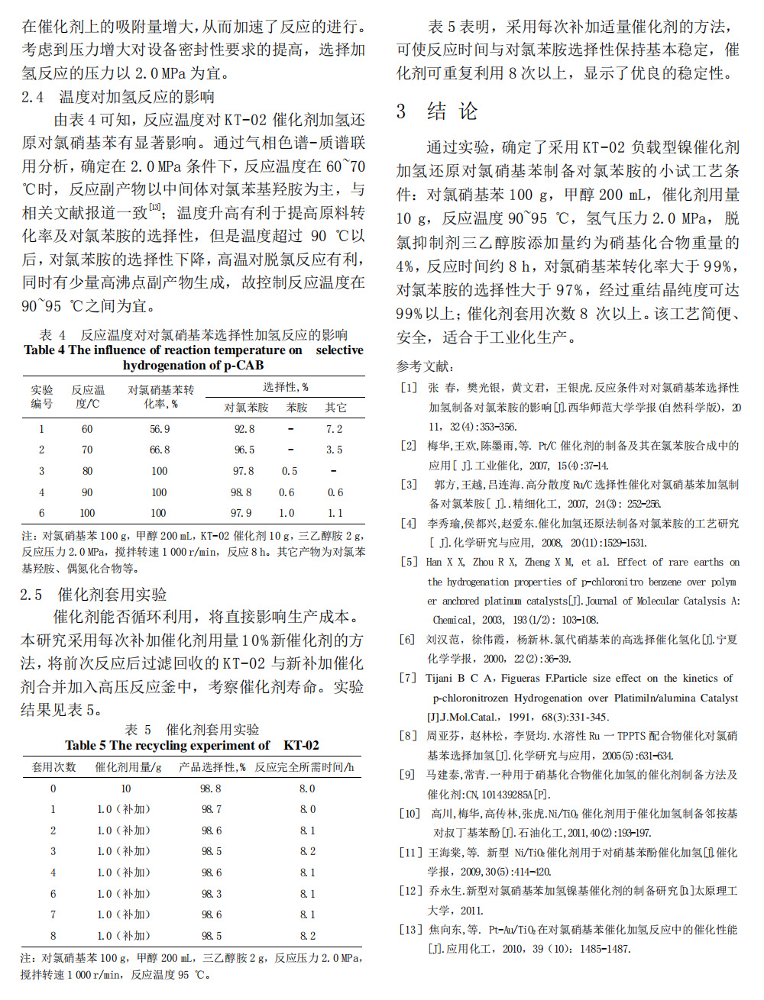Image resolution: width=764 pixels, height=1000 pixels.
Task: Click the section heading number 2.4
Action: (33, 97)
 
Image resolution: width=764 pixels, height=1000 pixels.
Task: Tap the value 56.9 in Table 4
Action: (160, 429)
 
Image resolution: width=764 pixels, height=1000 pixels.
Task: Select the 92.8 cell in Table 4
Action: (244, 429)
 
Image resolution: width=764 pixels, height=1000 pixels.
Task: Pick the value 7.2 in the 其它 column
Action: (334, 429)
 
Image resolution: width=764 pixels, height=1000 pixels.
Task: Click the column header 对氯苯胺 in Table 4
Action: (246, 408)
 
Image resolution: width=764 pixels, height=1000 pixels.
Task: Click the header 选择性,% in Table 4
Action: (286, 387)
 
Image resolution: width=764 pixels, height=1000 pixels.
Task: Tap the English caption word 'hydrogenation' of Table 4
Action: (161, 365)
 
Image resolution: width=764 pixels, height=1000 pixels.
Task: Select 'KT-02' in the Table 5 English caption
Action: (301, 745)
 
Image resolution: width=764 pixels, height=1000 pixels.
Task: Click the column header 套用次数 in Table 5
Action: (53, 766)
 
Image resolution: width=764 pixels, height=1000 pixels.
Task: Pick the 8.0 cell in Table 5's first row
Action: (307, 789)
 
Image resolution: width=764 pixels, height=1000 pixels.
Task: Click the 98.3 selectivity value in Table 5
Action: (212, 893)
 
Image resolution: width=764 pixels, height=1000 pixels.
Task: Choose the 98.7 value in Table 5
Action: (212, 809)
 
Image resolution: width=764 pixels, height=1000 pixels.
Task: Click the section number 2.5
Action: (31, 594)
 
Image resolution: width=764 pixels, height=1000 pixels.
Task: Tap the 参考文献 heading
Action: (425, 366)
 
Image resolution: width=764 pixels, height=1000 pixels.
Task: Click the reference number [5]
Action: (409, 562)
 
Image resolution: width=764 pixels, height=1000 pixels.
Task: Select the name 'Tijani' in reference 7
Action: (439, 678)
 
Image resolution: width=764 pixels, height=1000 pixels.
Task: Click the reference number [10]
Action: (411, 813)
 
